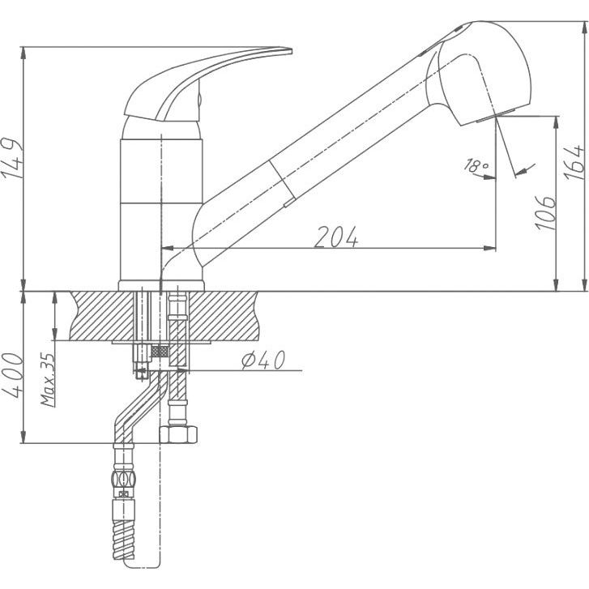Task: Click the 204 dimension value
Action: (336, 237)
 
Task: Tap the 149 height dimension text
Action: (12, 158)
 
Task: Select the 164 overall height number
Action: (574, 162)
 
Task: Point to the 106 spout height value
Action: (545, 212)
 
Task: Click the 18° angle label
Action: (476, 165)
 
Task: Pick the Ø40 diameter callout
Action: (263, 361)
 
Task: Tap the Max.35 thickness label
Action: (48, 380)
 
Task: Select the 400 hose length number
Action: (13, 376)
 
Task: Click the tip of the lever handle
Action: (291, 50)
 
